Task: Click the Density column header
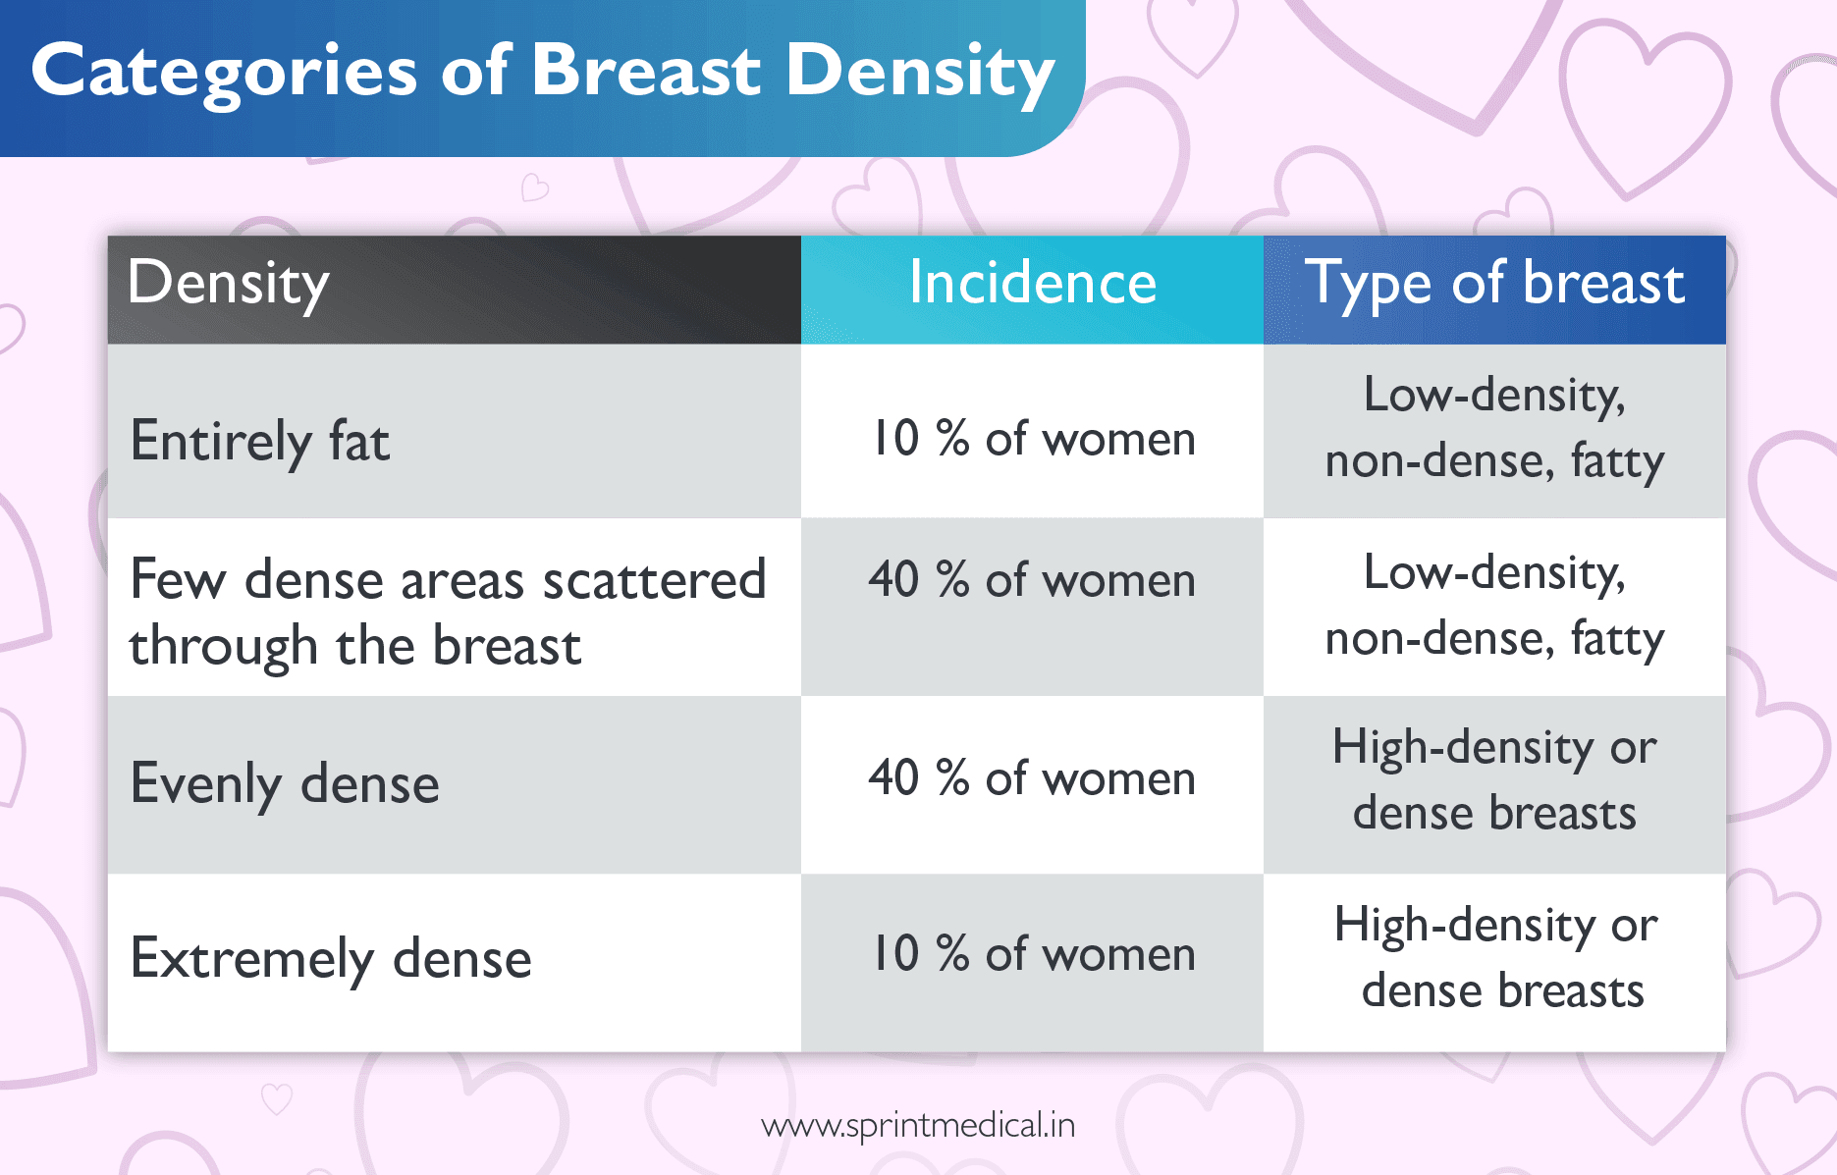pyautogui.click(x=228, y=284)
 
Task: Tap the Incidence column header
pyautogui.click(x=1032, y=284)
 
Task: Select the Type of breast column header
pyautogui.click(x=1493, y=284)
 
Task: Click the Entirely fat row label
pyautogui.click(x=260, y=441)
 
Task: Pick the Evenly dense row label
pyautogui.click(x=285, y=784)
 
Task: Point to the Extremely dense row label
pyautogui.click(x=331, y=959)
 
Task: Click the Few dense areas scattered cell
pyautogui.click(x=447, y=612)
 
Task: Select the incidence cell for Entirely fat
pyautogui.click(x=1033, y=438)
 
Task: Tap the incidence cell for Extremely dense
pyautogui.click(x=1033, y=953)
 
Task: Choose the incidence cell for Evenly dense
pyautogui.click(x=1032, y=778)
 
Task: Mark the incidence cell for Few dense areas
pyautogui.click(x=1032, y=580)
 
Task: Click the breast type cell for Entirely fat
pyautogui.click(x=1493, y=428)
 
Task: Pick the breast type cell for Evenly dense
pyautogui.click(x=1493, y=780)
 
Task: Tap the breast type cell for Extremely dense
pyautogui.click(x=1496, y=958)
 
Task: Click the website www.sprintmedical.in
pyautogui.click(x=918, y=1125)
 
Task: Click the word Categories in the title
pyautogui.click(x=224, y=73)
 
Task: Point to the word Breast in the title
pyautogui.click(x=646, y=71)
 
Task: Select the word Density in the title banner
pyautogui.click(x=920, y=73)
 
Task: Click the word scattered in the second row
pyautogui.click(x=654, y=580)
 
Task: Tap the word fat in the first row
pyautogui.click(x=358, y=441)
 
